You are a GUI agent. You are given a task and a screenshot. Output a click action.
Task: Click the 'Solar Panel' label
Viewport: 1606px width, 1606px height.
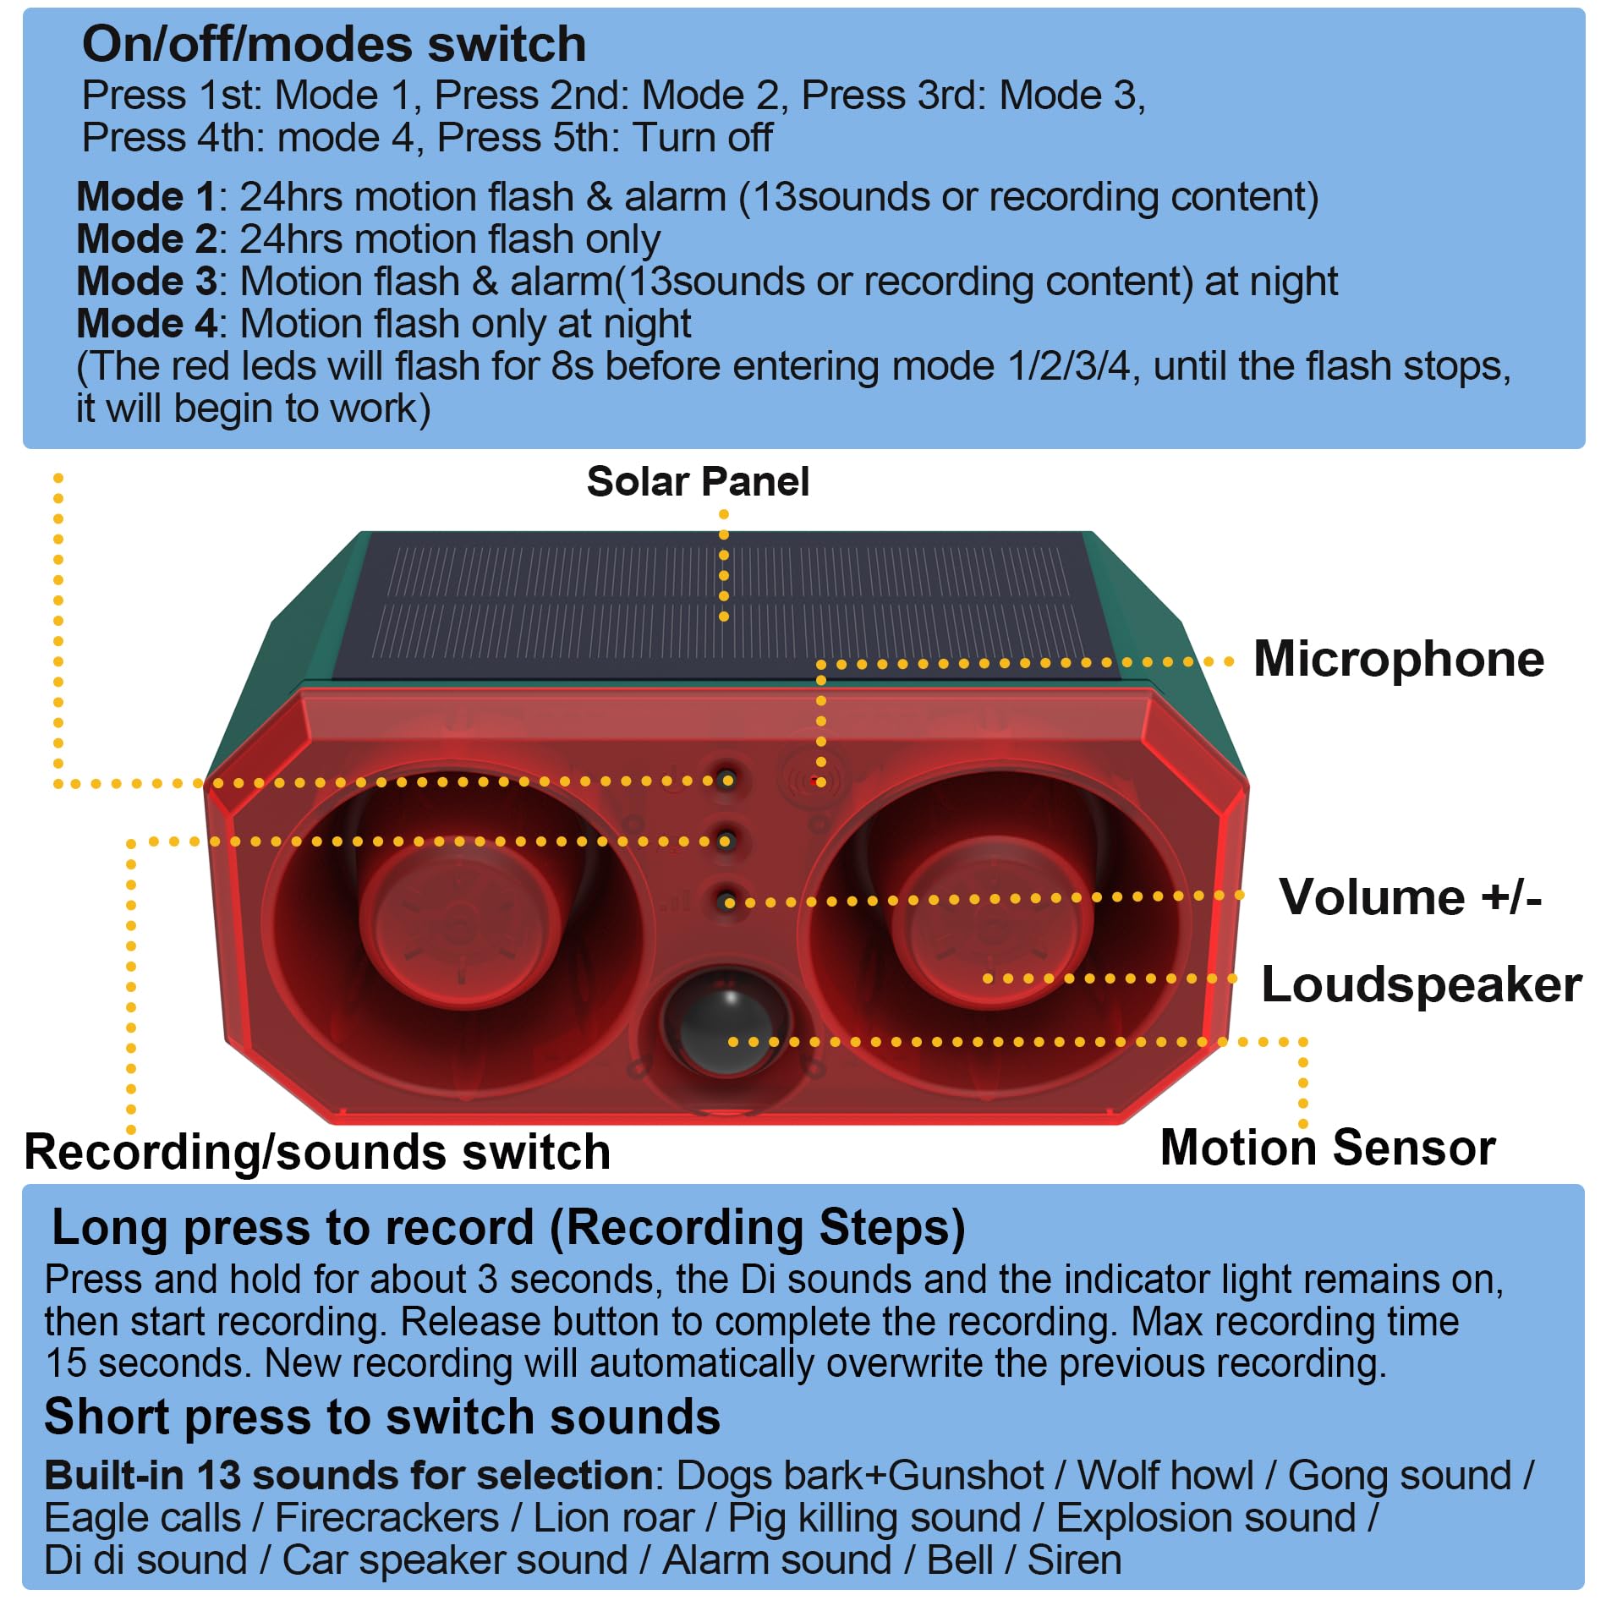pyautogui.click(x=698, y=482)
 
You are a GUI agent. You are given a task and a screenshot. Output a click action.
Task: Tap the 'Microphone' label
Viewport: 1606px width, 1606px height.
pyautogui.click(x=1399, y=659)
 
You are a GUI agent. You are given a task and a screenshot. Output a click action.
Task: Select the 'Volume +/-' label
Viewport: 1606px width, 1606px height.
pyautogui.click(x=1410, y=896)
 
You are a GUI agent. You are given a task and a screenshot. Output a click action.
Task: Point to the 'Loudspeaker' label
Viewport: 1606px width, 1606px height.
pyautogui.click(x=1421, y=985)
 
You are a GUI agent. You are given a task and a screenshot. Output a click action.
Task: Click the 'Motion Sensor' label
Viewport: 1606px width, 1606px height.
pyautogui.click(x=1328, y=1148)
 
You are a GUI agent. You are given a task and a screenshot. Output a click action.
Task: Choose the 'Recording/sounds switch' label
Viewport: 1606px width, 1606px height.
pyautogui.click(x=317, y=1152)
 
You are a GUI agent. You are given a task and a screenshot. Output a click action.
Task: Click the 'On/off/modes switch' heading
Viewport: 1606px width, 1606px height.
pyautogui.click(x=334, y=44)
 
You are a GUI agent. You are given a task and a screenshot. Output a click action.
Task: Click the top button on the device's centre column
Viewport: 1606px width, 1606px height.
pyautogui.click(x=726, y=780)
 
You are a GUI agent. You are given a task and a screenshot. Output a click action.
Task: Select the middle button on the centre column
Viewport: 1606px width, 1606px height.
pyautogui.click(x=726, y=841)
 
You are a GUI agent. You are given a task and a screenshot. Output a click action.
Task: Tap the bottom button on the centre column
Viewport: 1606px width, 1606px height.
pyautogui.click(x=726, y=902)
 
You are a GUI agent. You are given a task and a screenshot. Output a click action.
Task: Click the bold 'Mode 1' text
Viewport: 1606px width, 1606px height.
pyautogui.click(x=146, y=197)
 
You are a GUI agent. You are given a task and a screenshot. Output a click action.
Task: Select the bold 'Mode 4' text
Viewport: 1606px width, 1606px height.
pyautogui.click(x=146, y=324)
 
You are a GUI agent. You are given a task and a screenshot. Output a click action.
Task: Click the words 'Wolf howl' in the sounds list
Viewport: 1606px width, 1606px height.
pyautogui.click(x=1165, y=1476)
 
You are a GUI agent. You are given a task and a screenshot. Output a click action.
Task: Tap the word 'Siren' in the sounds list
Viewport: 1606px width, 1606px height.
pyautogui.click(x=1074, y=1560)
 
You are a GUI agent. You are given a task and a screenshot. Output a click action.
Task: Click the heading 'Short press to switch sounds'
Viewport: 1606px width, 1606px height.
pyautogui.click(x=382, y=1417)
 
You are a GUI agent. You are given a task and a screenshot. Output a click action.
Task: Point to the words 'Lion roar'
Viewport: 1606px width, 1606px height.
pyautogui.click(x=614, y=1518)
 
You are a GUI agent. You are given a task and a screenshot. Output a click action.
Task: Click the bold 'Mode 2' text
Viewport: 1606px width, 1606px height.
pyautogui.click(x=146, y=239)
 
